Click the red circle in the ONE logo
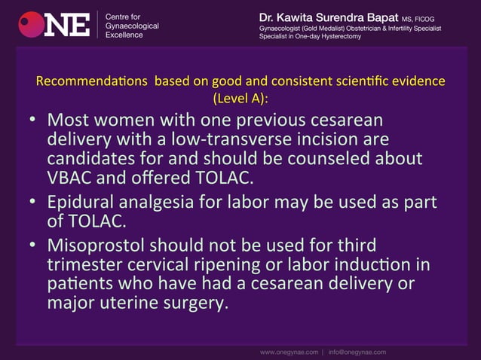point(31,24)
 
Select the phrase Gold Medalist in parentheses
point(317,29)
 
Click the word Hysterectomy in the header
point(340,37)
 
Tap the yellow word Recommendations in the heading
point(93,81)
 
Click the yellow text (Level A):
point(240,98)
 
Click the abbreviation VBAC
point(69,178)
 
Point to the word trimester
point(84,266)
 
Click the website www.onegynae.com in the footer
point(290,352)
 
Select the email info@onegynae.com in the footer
point(357,352)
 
